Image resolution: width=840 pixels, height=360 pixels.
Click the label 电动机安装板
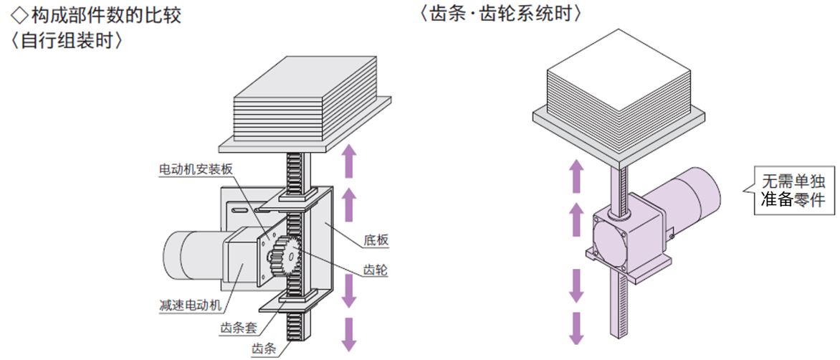pos(196,169)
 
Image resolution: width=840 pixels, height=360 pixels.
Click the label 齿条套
pos(239,329)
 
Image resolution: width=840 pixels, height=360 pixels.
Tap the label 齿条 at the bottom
pos(262,349)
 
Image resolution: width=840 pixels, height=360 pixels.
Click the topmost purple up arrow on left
pos(349,160)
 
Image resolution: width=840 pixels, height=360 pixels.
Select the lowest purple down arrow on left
pos(349,332)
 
